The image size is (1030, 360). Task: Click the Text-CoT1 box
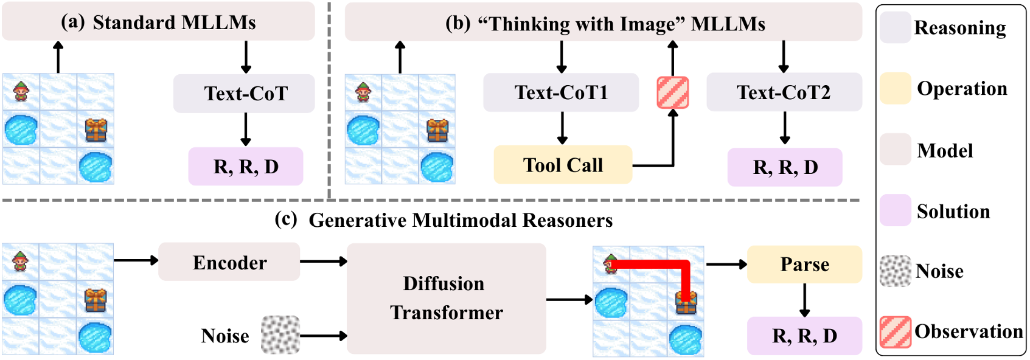pyautogui.click(x=560, y=92)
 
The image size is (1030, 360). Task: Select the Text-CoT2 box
pyautogui.click(x=784, y=92)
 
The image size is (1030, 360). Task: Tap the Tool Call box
pyautogui.click(x=563, y=165)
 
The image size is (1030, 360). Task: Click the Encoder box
pyautogui.click(x=229, y=262)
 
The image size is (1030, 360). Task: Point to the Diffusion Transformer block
pyautogui.click(x=446, y=298)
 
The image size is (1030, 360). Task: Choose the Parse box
pyautogui.click(x=804, y=265)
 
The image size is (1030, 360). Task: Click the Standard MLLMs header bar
pyautogui.click(x=158, y=22)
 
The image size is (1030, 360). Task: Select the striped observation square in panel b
pyautogui.click(x=673, y=92)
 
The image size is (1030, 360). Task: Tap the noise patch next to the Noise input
pyautogui.click(x=280, y=334)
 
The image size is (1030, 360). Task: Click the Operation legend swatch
pyautogui.click(x=895, y=88)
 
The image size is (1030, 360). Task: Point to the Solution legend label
pyautogui.click(x=953, y=211)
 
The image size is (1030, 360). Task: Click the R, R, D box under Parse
pyautogui.click(x=804, y=336)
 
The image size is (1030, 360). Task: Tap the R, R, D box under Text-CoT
pyautogui.click(x=246, y=167)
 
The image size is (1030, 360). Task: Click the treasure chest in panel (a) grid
pyautogui.click(x=96, y=130)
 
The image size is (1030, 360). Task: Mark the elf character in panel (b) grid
pyautogui.click(x=363, y=92)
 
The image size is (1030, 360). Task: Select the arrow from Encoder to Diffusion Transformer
pyautogui.click(x=323, y=261)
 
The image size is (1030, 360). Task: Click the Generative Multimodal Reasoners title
pyautogui.click(x=460, y=220)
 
